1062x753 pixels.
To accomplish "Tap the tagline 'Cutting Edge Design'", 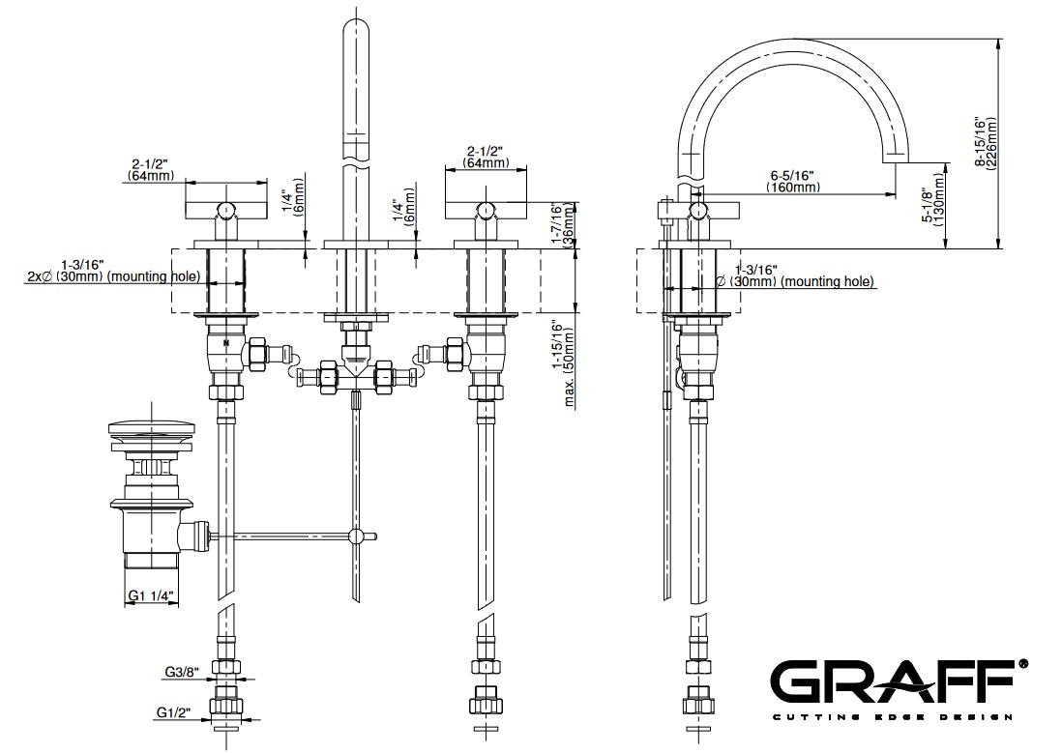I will click(891, 717).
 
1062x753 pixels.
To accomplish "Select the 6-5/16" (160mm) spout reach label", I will click(792, 181).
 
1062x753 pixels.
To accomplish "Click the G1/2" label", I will click(174, 713).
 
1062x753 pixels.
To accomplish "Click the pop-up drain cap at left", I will click(156, 427).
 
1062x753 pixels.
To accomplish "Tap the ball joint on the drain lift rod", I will click(358, 536).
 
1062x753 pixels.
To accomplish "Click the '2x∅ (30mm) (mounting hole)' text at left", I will click(114, 277).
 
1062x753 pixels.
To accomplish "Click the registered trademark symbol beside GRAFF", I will click(1023, 665).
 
